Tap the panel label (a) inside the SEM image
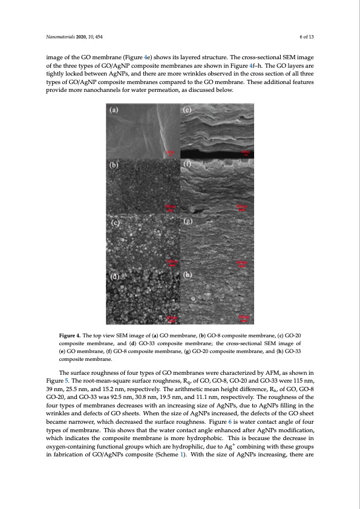[x=114, y=111]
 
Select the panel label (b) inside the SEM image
[x=114, y=165]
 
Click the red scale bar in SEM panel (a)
[x=171, y=153]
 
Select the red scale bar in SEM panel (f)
[x=242, y=207]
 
